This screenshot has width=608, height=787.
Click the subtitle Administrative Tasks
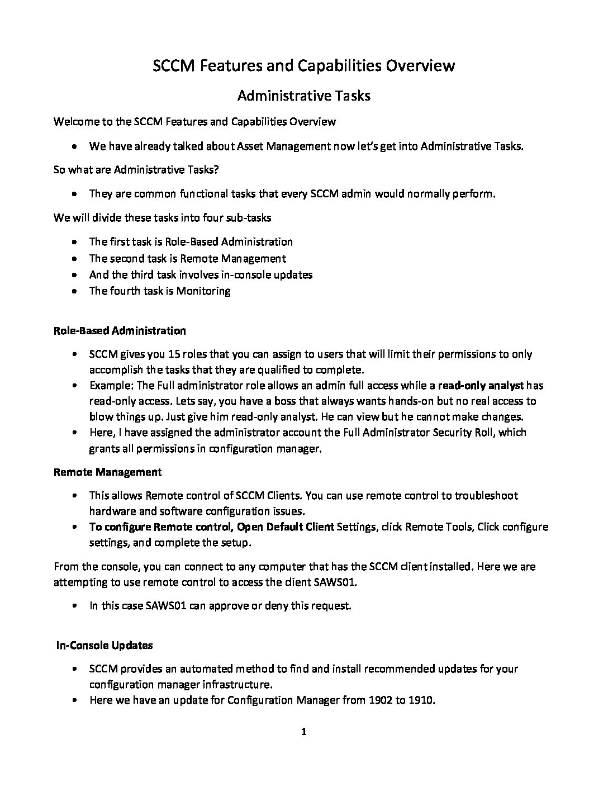point(303,96)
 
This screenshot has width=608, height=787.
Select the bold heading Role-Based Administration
point(120,330)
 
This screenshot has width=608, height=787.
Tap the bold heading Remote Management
point(107,472)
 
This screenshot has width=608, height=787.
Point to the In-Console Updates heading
point(104,645)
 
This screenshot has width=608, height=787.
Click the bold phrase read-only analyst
point(481,385)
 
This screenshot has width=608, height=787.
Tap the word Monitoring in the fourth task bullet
point(203,291)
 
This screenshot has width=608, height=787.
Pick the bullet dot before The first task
point(75,242)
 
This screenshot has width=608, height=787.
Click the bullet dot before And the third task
point(75,275)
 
